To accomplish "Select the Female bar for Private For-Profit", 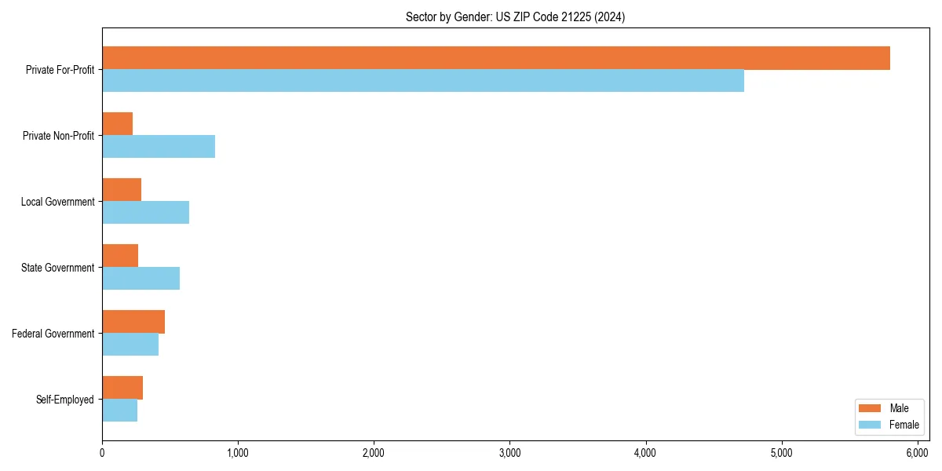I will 423,81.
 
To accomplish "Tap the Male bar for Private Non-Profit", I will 118,124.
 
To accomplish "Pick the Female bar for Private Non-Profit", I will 159,147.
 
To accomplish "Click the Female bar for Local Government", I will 146,213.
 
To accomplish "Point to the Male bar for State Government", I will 120,256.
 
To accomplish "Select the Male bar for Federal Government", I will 133,322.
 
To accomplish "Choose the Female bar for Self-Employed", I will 120,411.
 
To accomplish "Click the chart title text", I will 515,17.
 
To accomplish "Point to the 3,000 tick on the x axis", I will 509,453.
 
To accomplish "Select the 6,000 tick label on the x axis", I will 918,453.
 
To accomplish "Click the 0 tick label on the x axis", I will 102,453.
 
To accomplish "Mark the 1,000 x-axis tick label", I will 238,453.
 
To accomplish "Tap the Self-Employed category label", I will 65,400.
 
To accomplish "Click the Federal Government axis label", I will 53,334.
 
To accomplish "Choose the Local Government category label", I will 58,202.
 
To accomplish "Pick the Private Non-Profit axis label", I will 59,136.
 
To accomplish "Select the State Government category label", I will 58,268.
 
